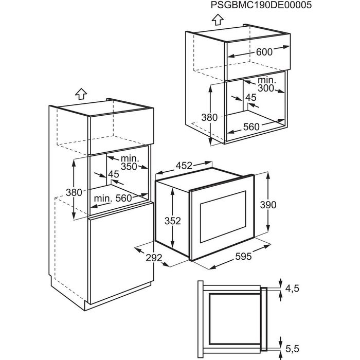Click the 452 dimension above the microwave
click(184, 166)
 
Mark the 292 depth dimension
click(150, 259)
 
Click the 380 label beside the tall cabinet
click(75, 192)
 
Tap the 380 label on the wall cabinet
click(210, 117)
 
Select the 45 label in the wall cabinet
click(250, 98)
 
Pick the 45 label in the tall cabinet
click(113, 174)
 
